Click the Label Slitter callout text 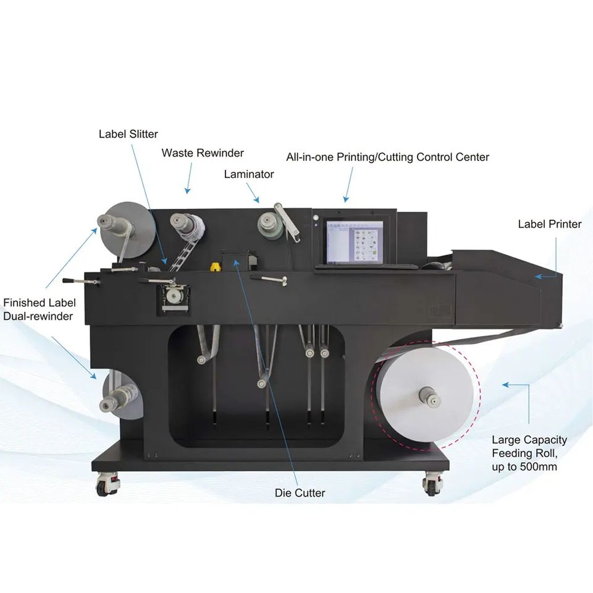[x=128, y=133]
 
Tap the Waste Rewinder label [x=203, y=153]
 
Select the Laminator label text [x=248, y=174]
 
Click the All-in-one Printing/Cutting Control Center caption [x=387, y=157]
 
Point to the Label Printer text [x=550, y=224]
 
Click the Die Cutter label [x=300, y=493]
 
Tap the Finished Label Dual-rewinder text [x=40, y=309]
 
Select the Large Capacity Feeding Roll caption [x=529, y=453]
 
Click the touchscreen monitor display [x=354, y=241]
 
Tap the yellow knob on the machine [x=216, y=267]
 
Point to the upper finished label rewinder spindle [x=106, y=223]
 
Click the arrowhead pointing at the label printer [x=538, y=276]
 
